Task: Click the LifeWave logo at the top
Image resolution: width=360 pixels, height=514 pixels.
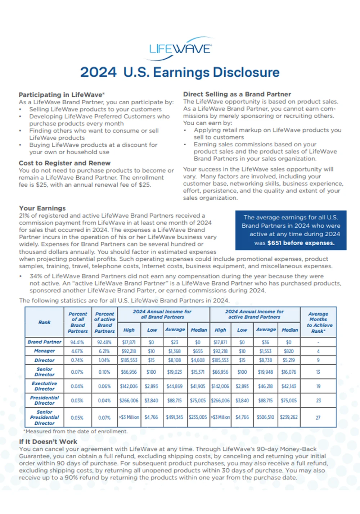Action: click(180, 49)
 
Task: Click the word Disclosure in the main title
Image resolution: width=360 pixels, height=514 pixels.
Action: click(246, 72)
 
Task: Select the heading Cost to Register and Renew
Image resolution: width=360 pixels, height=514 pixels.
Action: click(64, 163)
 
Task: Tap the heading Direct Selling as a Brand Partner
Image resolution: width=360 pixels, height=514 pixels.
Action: click(237, 94)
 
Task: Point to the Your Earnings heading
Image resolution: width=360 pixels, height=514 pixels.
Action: click(42, 208)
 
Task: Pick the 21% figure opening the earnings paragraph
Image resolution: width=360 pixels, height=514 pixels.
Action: click(24, 216)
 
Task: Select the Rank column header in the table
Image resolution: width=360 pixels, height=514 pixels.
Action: click(44, 322)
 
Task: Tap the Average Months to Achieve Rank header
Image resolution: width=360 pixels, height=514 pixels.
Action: click(318, 322)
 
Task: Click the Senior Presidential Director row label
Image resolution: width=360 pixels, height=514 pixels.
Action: click(44, 418)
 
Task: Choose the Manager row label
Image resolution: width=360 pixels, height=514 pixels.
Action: click(44, 351)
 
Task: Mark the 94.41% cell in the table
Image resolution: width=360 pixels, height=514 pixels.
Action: click(77, 342)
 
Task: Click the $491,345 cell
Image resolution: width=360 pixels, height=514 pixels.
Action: click(175, 418)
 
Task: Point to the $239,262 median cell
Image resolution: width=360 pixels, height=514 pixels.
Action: click(289, 418)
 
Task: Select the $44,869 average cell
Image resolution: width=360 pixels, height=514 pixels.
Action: click(175, 386)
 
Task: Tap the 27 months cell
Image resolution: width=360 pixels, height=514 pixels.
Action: click(318, 418)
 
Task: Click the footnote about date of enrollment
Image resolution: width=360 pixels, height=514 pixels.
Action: click(76, 431)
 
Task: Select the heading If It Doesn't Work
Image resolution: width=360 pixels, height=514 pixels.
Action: click(48, 442)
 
